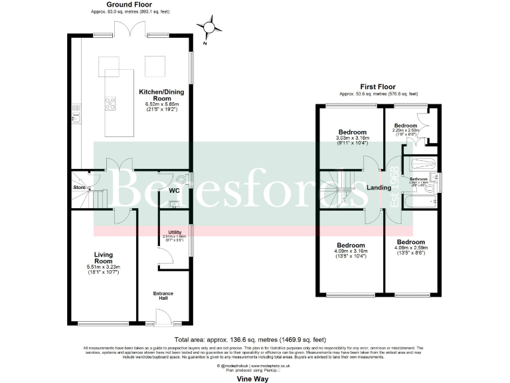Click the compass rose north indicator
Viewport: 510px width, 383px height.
pyautogui.click(x=211, y=27)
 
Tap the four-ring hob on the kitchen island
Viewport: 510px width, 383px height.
pyautogui.click(x=110, y=102)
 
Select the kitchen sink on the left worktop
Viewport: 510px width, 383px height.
pyautogui.click(x=77, y=118)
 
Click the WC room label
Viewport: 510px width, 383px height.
pyautogui.click(x=174, y=191)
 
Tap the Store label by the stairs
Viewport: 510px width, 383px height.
pyautogui.click(x=79, y=187)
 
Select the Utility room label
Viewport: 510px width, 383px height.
pyautogui.click(x=175, y=232)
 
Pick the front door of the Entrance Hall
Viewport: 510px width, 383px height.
pyautogui.click(x=163, y=320)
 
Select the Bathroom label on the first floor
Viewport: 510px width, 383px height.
pyautogui.click(x=418, y=179)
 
